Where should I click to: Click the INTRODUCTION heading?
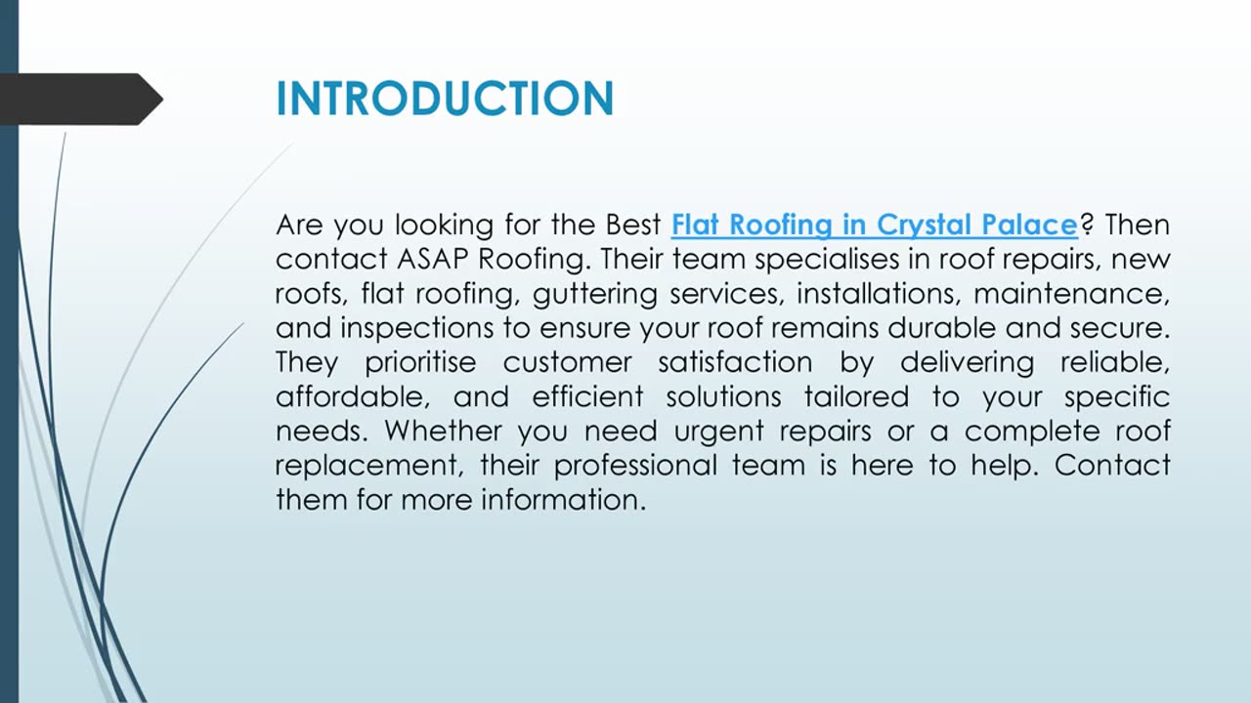click(445, 99)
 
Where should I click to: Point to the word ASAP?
click(431, 260)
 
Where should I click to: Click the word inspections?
click(403, 328)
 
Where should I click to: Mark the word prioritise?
click(420, 362)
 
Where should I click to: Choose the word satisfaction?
click(734, 362)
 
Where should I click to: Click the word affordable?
click(351, 396)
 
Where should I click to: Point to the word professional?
click(638, 466)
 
